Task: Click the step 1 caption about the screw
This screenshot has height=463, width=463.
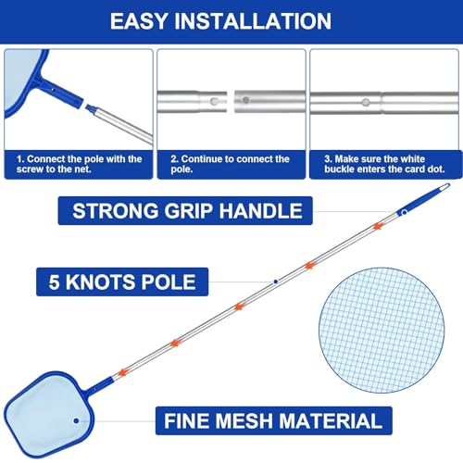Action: pyautogui.click(x=80, y=165)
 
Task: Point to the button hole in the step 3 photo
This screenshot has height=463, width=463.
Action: pyautogui.click(x=365, y=102)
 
